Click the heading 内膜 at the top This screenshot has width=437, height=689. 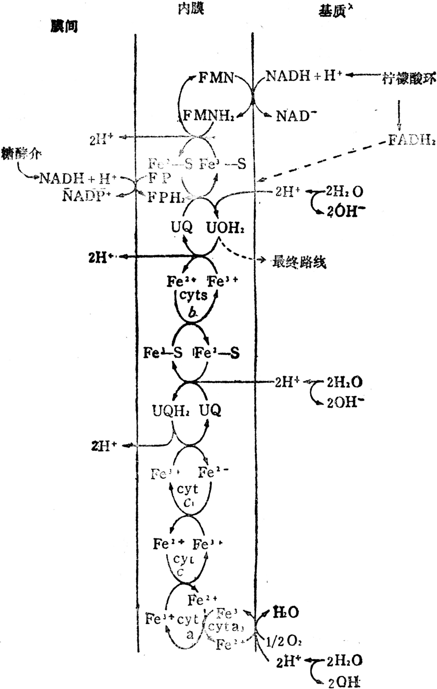191,9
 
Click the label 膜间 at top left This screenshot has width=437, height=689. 64,27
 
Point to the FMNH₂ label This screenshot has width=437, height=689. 209,116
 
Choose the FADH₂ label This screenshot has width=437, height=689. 412,140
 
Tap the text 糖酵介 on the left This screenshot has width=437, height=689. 21,154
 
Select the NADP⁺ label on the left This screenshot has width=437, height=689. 86,196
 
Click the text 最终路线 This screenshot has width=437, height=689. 299,261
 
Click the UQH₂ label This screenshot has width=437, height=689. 171,411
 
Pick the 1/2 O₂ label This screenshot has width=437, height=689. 284,641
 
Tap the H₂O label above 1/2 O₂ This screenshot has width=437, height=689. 286,612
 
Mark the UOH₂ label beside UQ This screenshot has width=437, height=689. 225,228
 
